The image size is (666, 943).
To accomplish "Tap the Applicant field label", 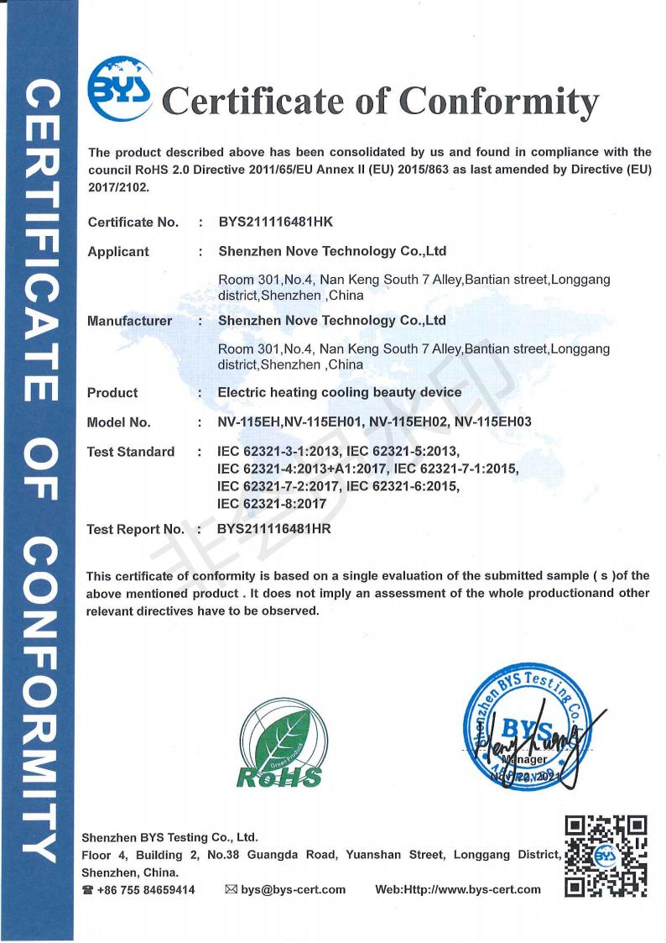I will click(118, 251).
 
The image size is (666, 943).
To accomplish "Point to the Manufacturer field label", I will click(130, 321).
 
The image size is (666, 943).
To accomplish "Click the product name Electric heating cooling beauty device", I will click(340, 392).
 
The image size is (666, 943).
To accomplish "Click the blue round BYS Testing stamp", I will click(529, 727).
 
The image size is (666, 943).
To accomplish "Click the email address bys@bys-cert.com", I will click(294, 889).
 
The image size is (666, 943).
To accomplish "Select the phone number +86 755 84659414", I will click(146, 889).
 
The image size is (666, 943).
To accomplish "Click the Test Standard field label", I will click(131, 452).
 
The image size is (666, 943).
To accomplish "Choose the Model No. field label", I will click(119, 422).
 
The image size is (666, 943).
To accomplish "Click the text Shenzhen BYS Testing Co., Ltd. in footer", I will click(169, 837).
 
